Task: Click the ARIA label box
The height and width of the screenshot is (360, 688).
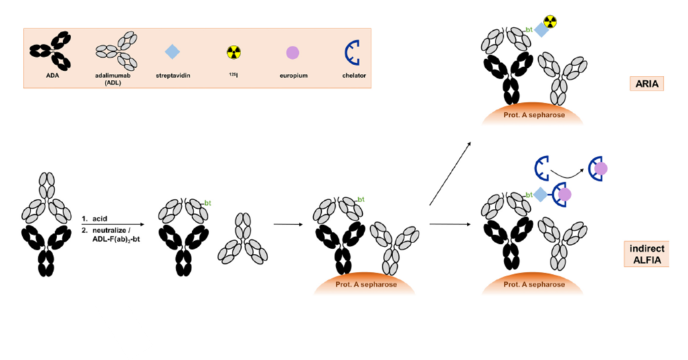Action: point(646,83)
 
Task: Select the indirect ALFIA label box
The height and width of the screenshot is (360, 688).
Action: point(646,254)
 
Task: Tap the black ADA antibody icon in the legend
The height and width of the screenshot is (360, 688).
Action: point(51,51)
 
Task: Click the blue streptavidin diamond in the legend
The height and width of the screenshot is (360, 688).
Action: point(173,52)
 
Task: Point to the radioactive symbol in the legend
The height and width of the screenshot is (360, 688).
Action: point(234,52)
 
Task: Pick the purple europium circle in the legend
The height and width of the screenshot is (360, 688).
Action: point(293,52)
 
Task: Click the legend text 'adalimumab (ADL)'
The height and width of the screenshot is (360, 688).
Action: point(113,79)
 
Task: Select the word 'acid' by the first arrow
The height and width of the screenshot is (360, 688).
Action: point(99,218)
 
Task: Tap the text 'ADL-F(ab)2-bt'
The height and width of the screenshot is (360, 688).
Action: point(116,239)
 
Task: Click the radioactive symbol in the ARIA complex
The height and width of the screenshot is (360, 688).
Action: point(550,21)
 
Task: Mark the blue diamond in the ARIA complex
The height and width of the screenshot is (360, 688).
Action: point(542,30)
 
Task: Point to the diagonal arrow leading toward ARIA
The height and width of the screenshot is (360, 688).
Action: point(450,173)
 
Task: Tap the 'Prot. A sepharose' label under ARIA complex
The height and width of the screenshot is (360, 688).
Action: point(534,115)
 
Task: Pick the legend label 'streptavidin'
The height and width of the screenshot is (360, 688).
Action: point(173,75)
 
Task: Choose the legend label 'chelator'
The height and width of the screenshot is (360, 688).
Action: point(354,75)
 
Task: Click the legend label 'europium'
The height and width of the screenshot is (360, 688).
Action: point(294,75)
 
